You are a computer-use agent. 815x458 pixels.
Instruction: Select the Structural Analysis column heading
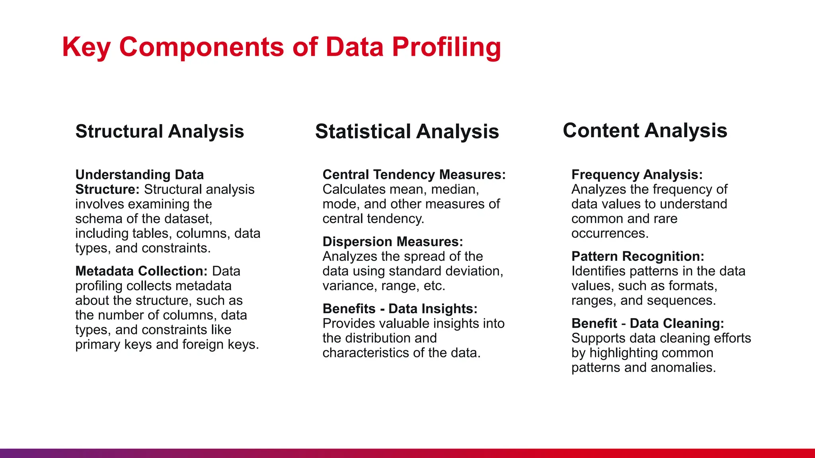pos(160,132)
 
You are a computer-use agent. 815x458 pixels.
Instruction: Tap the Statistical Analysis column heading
pos(407,132)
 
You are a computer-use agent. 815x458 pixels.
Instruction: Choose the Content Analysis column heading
pos(645,131)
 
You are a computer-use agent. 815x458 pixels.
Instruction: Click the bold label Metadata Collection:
pos(141,271)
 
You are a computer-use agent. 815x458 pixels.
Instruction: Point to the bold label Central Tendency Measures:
pos(414,175)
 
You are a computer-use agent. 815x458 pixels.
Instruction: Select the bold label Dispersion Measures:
pos(393,242)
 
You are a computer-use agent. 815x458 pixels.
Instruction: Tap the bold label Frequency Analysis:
pos(637,175)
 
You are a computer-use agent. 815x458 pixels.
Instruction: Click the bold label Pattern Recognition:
pos(638,256)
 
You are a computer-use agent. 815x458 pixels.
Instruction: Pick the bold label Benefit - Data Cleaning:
pos(647,324)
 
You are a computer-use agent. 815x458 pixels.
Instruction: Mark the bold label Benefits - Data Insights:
pos(400,309)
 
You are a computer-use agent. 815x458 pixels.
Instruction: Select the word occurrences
pos(610,233)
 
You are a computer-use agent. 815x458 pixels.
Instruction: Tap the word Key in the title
pos(86,47)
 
